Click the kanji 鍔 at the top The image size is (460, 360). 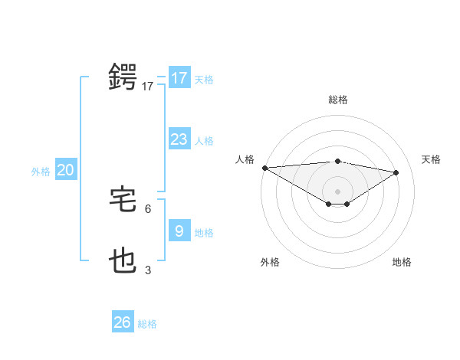123,78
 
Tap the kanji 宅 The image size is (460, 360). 123,200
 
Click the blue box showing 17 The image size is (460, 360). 179,78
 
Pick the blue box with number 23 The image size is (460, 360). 179,139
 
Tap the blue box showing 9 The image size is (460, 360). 179,231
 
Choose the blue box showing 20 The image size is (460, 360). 65,171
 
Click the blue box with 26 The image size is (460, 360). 123,322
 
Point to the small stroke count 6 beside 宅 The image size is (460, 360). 148,208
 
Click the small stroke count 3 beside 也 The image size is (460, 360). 148,270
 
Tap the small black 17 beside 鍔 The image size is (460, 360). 148,87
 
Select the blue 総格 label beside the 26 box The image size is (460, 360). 147,324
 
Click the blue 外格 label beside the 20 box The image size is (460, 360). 41,172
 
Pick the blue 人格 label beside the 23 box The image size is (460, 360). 204,141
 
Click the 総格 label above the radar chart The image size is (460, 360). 337,100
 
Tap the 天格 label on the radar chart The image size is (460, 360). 431,159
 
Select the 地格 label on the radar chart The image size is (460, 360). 402,262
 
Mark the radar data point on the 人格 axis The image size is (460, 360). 264,168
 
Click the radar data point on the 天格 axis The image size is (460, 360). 396,172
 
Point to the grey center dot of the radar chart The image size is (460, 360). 337,191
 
